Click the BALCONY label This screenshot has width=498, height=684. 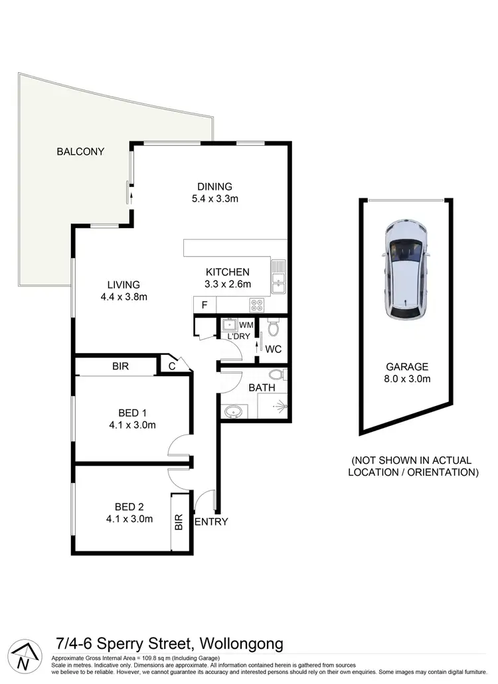(80, 151)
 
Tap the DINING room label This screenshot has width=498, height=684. (214, 186)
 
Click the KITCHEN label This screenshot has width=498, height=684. (228, 272)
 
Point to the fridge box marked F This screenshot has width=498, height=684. (204, 305)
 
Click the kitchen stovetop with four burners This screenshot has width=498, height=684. (257, 305)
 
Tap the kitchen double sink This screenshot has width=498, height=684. (278, 277)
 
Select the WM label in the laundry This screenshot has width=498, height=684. (246, 325)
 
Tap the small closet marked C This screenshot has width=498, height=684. (171, 365)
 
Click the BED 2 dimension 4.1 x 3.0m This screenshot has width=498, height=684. (129, 519)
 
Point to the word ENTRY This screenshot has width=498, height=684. (211, 521)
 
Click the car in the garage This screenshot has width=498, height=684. (406, 270)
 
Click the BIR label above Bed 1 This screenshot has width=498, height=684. (120, 366)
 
